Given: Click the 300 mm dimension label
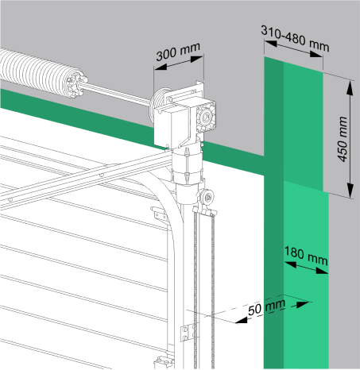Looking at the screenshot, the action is point(178,52).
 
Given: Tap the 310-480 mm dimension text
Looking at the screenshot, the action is point(295,39).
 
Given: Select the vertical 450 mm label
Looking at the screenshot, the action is point(343,139).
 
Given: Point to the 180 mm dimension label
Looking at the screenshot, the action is point(306,256).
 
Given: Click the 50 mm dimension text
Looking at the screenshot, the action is point(266,307).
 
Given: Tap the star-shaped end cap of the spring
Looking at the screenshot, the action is point(77,84).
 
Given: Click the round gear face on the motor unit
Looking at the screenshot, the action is point(206,117).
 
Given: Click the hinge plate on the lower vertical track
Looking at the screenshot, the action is point(188,333).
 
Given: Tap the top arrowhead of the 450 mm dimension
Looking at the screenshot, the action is point(350,87).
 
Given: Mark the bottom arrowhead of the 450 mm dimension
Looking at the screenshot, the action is point(350,191).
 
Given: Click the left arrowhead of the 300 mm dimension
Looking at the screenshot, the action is point(161,67).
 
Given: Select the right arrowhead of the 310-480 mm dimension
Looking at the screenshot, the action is point(316,55).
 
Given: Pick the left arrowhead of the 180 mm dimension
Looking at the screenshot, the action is point(290,264).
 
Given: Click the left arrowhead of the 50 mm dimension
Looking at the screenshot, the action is point(242,320).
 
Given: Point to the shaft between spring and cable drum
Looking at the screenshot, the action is point(117,93).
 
